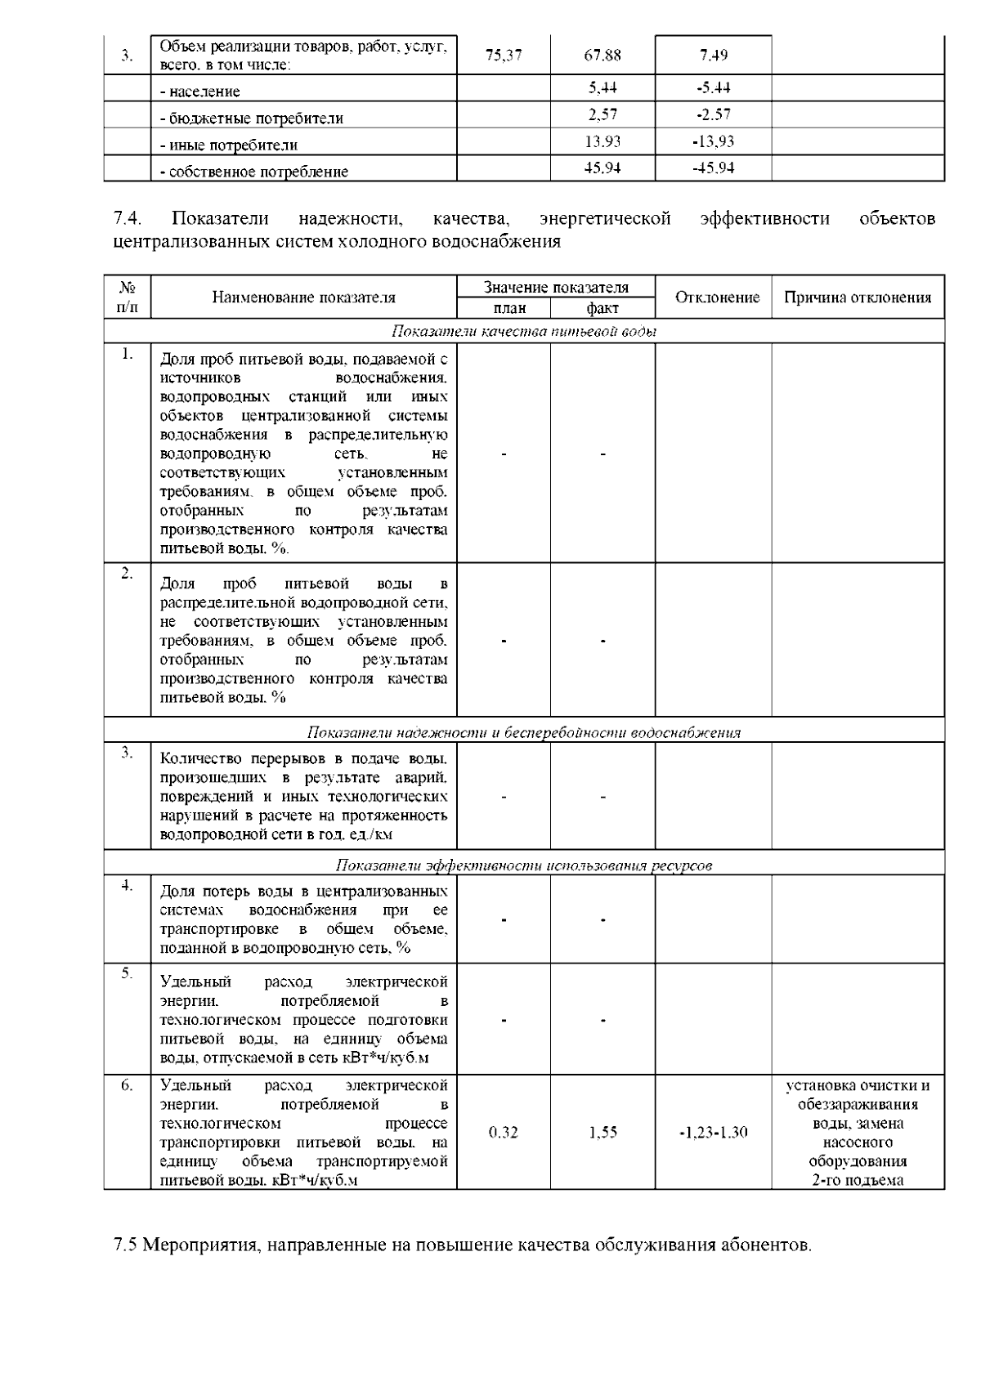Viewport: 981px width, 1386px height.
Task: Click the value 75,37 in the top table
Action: (x=504, y=56)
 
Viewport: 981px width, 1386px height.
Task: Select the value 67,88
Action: (x=602, y=56)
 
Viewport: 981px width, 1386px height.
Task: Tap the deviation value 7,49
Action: (x=714, y=56)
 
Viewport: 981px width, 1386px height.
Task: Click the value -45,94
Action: (x=714, y=168)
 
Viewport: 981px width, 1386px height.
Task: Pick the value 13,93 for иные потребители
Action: (x=602, y=141)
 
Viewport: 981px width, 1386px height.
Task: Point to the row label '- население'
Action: (x=199, y=92)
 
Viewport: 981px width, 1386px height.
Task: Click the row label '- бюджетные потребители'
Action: (x=251, y=118)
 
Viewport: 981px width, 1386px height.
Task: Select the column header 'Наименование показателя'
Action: (x=303, y=297)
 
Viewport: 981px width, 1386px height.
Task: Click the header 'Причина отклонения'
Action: (x=858, y=297)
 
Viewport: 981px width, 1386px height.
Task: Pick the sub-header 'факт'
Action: (x=602, y=308)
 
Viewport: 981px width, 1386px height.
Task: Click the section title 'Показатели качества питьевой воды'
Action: (x=524, y=331)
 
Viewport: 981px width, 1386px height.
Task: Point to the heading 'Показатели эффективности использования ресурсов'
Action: (x=524, y=865)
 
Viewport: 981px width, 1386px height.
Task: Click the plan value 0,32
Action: (x=504, y=1132)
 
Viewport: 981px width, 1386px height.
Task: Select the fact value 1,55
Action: (x=602, y=1132)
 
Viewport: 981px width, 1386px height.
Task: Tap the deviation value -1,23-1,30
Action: (x=714, y=1132)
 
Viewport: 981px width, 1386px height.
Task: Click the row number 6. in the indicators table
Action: (x=127, y=1085)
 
